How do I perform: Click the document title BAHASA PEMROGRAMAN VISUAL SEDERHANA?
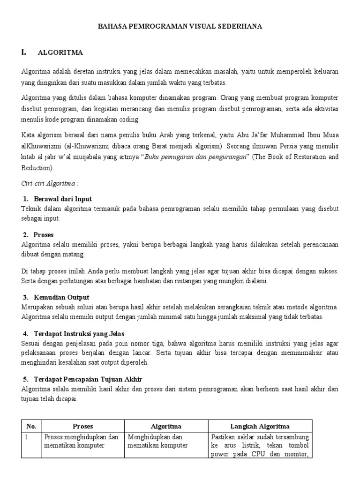pos(180,27)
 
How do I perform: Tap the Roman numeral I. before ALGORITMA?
pos(24,52)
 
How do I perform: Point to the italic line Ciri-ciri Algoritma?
pos(46,183)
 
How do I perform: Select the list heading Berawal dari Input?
pos(63,199)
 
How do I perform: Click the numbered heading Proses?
pos(44,234)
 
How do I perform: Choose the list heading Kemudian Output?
pos(61,297)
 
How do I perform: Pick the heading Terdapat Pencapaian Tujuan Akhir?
pos(88,379)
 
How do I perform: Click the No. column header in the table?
pos(31,426)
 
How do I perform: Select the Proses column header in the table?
pos(82,426)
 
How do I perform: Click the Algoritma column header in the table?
pos(166,426)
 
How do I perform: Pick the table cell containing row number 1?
pos(31,445)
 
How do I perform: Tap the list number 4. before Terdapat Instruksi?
pos(26,333)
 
